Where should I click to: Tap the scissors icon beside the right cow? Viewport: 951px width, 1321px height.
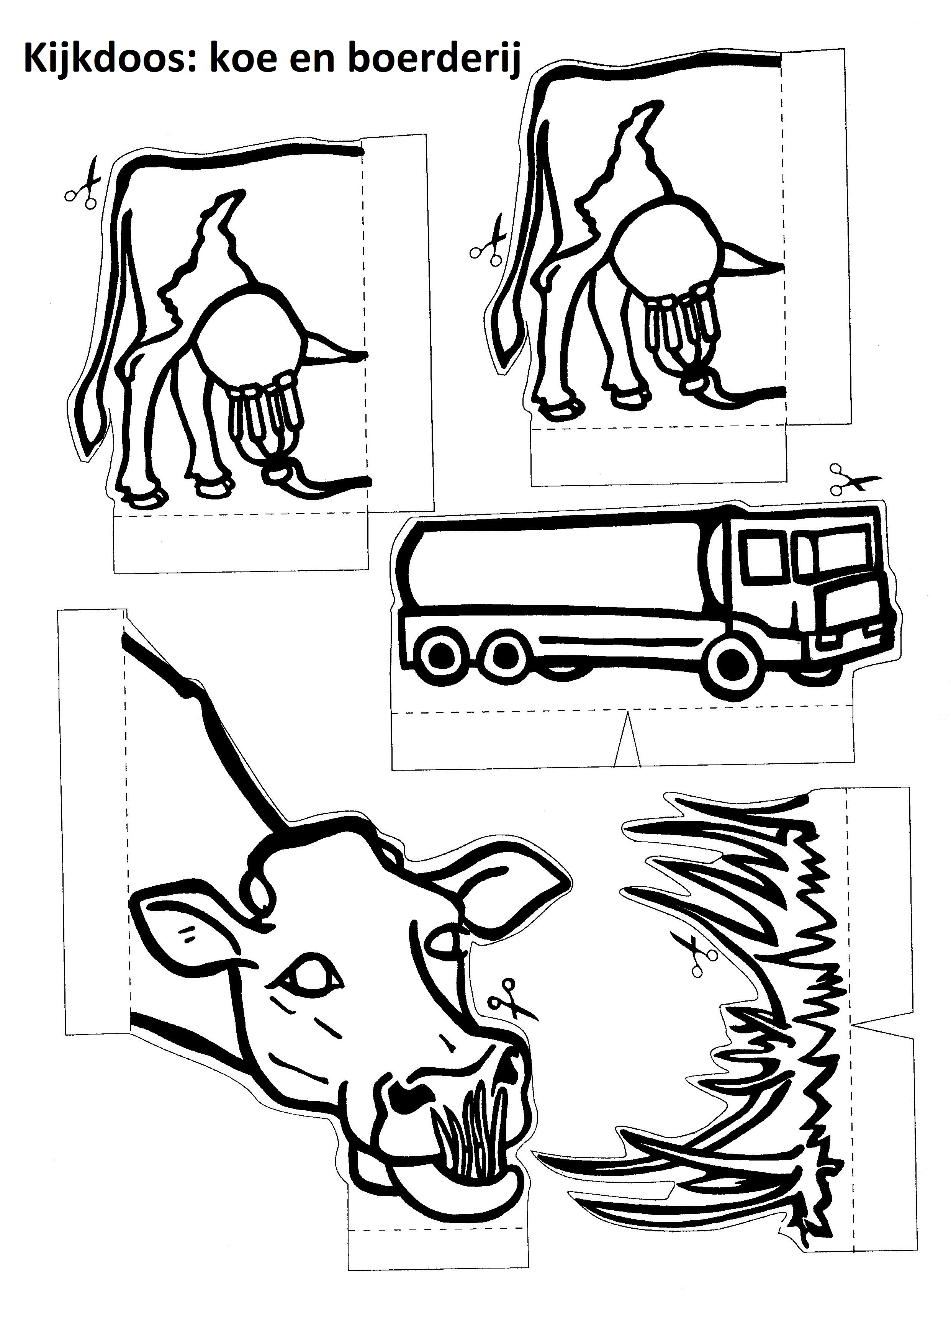pos(488,240)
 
